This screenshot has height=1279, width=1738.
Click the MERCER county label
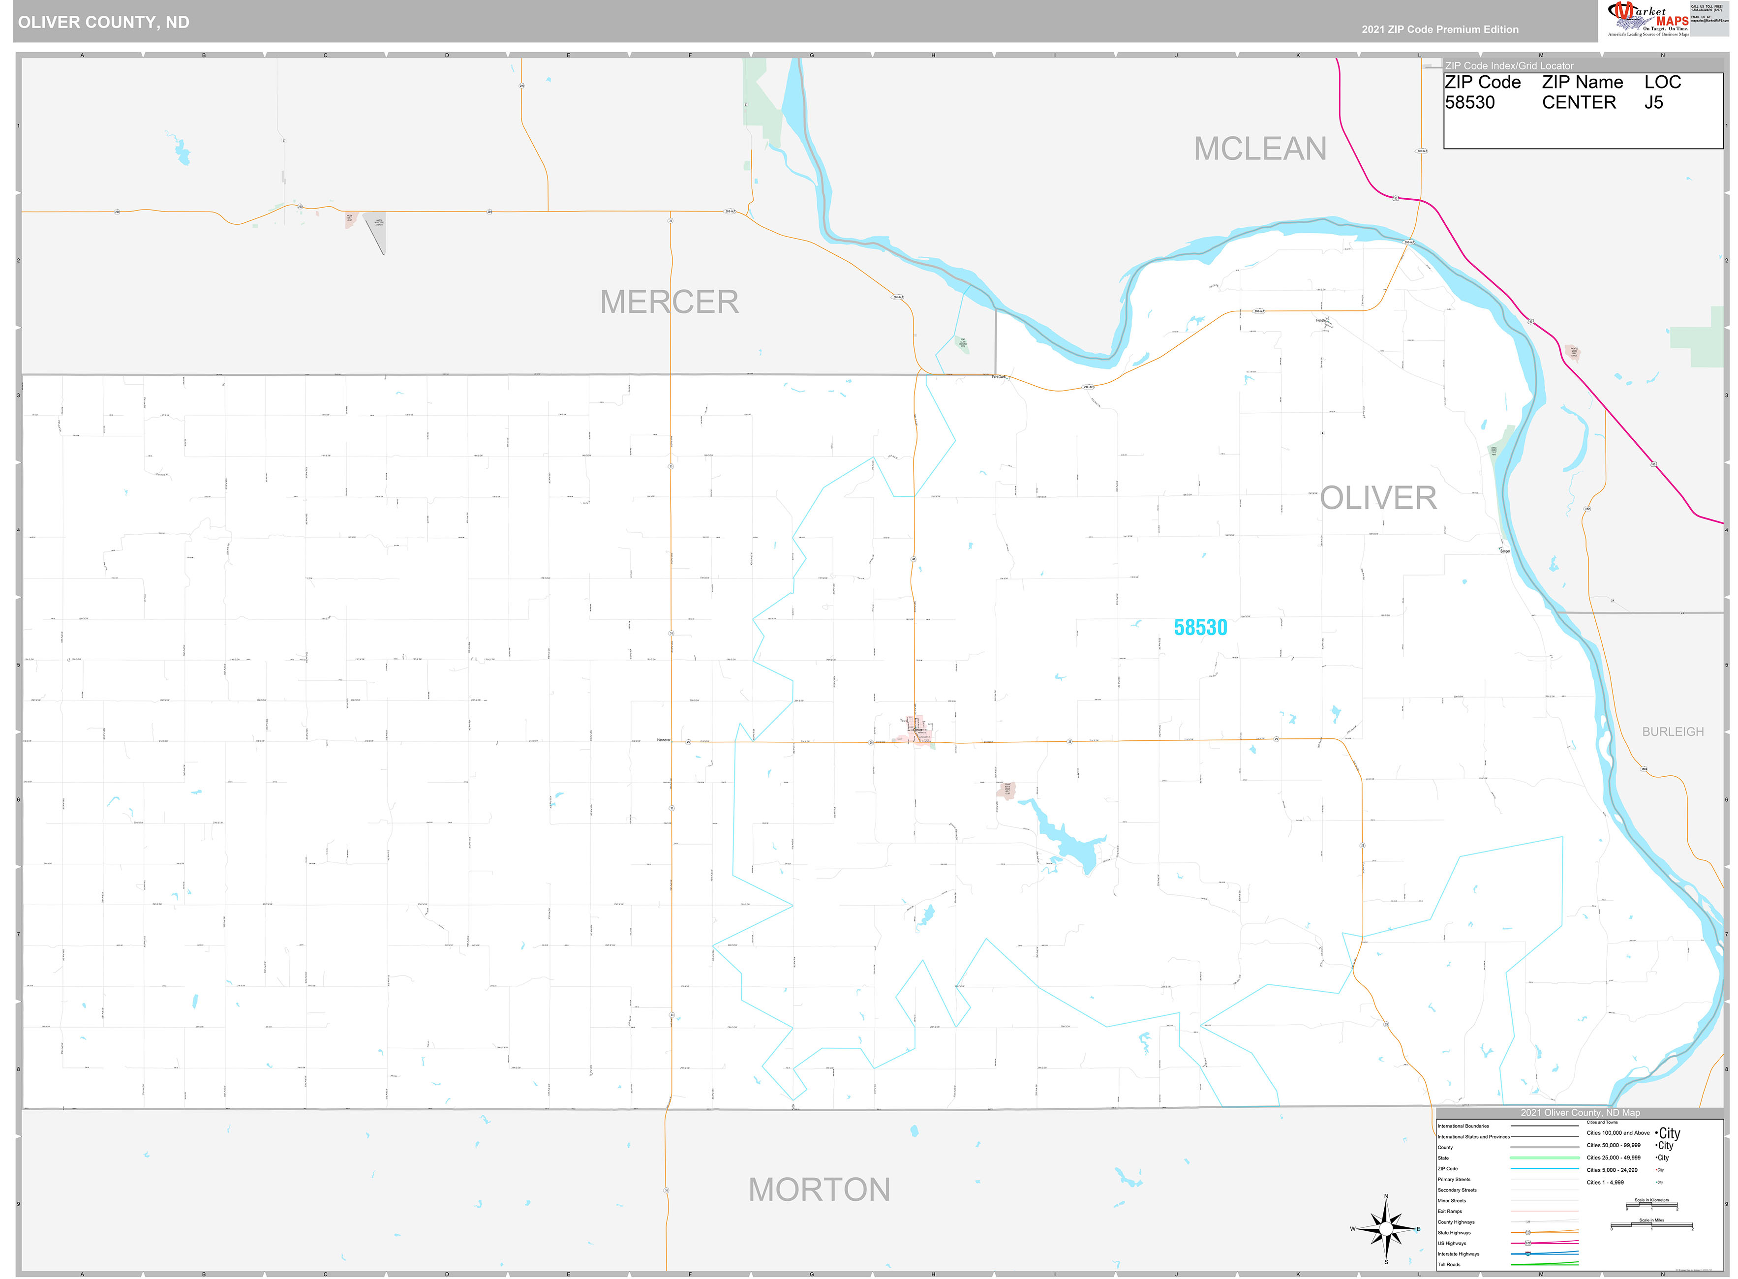tap(669, 302)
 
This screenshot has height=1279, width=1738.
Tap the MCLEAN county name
tap(1259, 149)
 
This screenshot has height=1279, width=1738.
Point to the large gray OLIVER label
tap(1378, 498)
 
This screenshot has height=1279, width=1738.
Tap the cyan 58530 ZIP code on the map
tap(1200, 627)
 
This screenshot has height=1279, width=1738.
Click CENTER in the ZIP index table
tap(1579, 103)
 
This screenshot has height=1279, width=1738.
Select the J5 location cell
tap(1653, 103)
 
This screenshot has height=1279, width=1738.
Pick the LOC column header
tap(1662, 82)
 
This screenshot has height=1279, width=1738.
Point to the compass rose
tap(1386, 1229)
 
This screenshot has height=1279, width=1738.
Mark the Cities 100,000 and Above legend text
tap(1618, 1133)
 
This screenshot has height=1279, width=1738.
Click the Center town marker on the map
tap(916, 730)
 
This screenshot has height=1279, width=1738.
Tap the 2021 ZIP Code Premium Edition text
tap(1440, 30)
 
